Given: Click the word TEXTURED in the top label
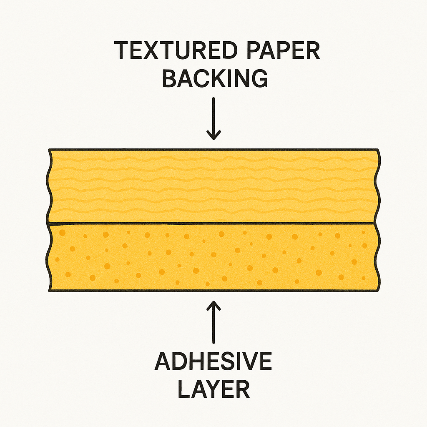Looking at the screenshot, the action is pyautogui.click(x=176, y=50).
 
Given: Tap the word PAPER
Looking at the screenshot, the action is pyautogui.click(x=283, y=50).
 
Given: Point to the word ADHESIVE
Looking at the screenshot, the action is pyautogui.click(x=213, y=361).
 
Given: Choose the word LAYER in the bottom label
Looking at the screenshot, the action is pyautogui.click(x=213, y=389).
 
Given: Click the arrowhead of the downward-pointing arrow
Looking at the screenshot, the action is pyautogui.click(x=213, y=135).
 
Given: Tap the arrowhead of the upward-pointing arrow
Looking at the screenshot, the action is pyautogui.click(x=213, y=306).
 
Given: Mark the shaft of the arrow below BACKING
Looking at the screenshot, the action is pyautogui.click(x=213, y=118).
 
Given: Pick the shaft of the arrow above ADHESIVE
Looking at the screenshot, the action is pyautogui.click(x=213, y=322).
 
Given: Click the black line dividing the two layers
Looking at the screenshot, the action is pyautogui.click(x=212, y=224).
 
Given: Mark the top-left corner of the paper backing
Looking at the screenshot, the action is pyautogui.click(x=49, y=150).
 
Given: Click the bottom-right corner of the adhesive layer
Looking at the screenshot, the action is pyautogui.click(x=378, y=291).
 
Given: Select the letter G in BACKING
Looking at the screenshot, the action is pyautogui.click(x=259, y=78).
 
